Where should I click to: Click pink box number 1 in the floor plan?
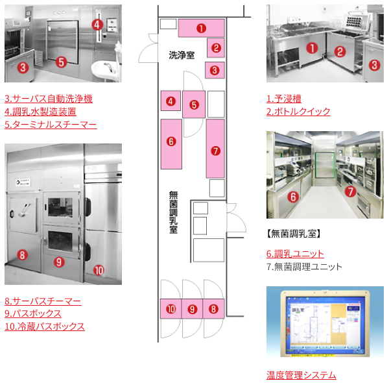coord(202,29)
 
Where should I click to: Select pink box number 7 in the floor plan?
coord(215,149)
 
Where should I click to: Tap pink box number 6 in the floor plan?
coord(171,141)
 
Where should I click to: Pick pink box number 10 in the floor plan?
coord(171,309)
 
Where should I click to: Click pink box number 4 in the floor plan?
coord(170,101)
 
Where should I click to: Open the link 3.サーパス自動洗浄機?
coord(49,99)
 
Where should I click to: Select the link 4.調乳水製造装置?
coord(45,111)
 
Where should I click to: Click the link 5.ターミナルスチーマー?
coord(51,123)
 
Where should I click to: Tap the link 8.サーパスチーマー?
coord(43,301)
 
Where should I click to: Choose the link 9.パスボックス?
coord(33,314)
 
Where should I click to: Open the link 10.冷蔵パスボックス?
coord(45,326)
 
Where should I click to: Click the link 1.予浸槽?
coord(284,99)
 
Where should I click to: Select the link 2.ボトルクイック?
coord(298,111)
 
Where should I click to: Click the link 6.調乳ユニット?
coord(295,254)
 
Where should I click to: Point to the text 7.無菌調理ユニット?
coord(304,266)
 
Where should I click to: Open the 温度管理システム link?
coord(301,375)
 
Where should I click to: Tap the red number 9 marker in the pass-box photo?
coord(58,262)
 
